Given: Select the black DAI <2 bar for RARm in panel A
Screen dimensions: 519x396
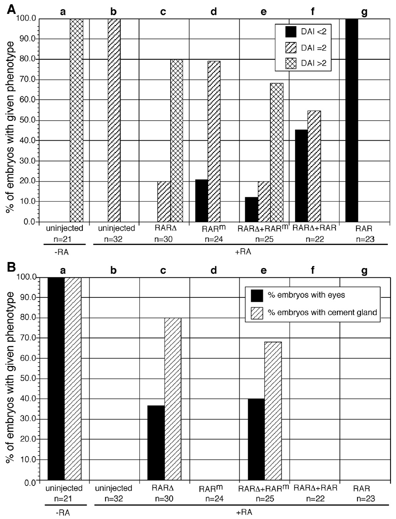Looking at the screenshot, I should tap(201, 201).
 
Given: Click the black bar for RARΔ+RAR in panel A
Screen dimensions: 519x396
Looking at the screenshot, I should tap(301, 176).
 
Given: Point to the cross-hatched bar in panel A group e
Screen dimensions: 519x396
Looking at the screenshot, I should tap(277, 153).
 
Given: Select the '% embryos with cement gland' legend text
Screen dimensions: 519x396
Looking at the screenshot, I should tap(322, 312).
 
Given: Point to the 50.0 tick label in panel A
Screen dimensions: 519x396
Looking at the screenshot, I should tap(27, 120).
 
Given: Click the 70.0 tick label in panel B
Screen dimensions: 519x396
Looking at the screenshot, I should tap(27, 338).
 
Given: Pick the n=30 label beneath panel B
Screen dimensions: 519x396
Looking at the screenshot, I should tap(164, 498).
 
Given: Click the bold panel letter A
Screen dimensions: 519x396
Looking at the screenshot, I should tap(11, 9).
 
